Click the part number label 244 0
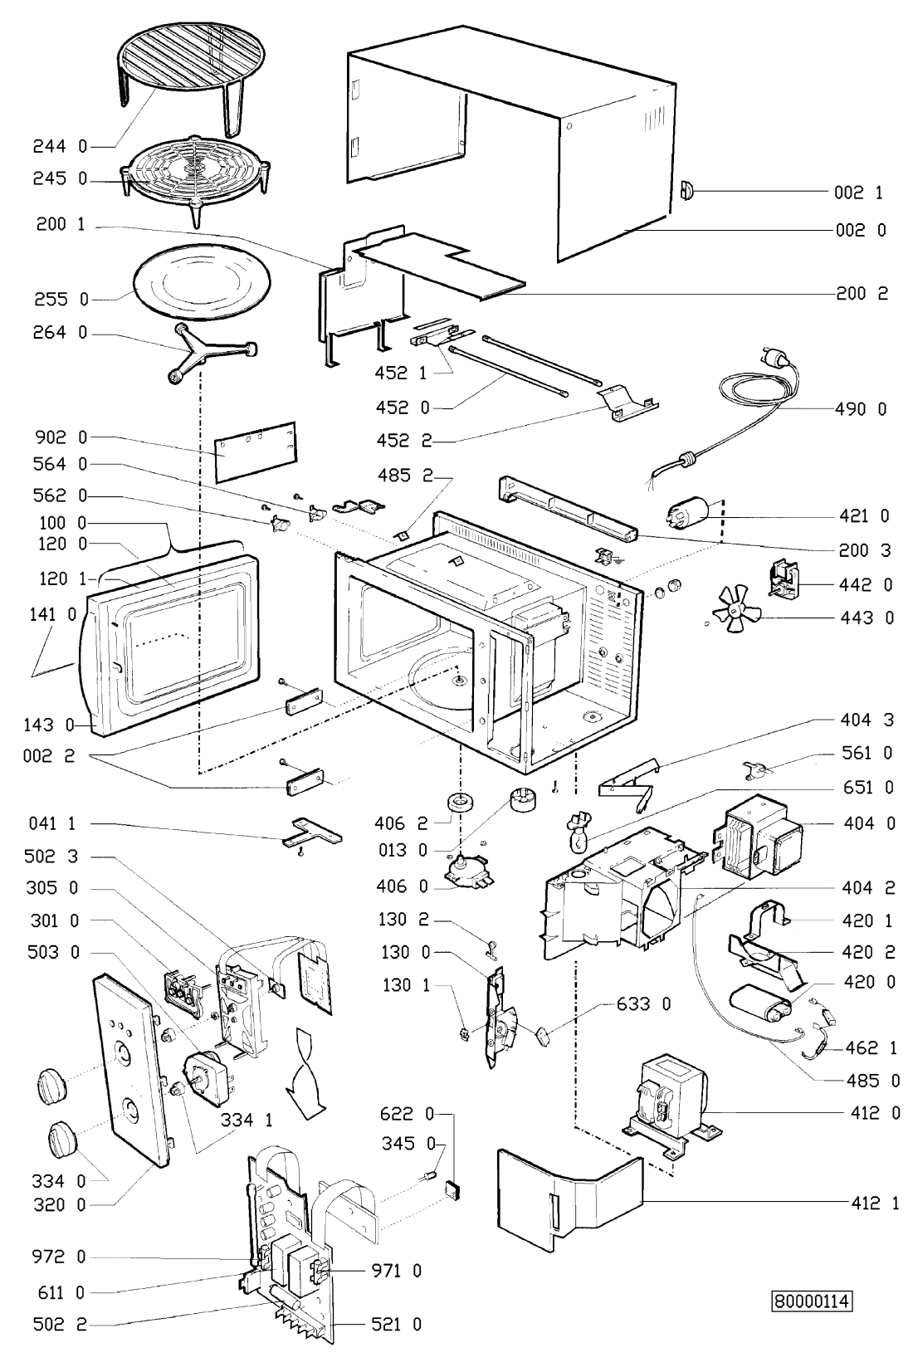(x=60, y=147)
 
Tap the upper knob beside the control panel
(x=51, y=1084)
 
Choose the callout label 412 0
(x=873, y=1113)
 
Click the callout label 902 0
(x=60, y=437)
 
